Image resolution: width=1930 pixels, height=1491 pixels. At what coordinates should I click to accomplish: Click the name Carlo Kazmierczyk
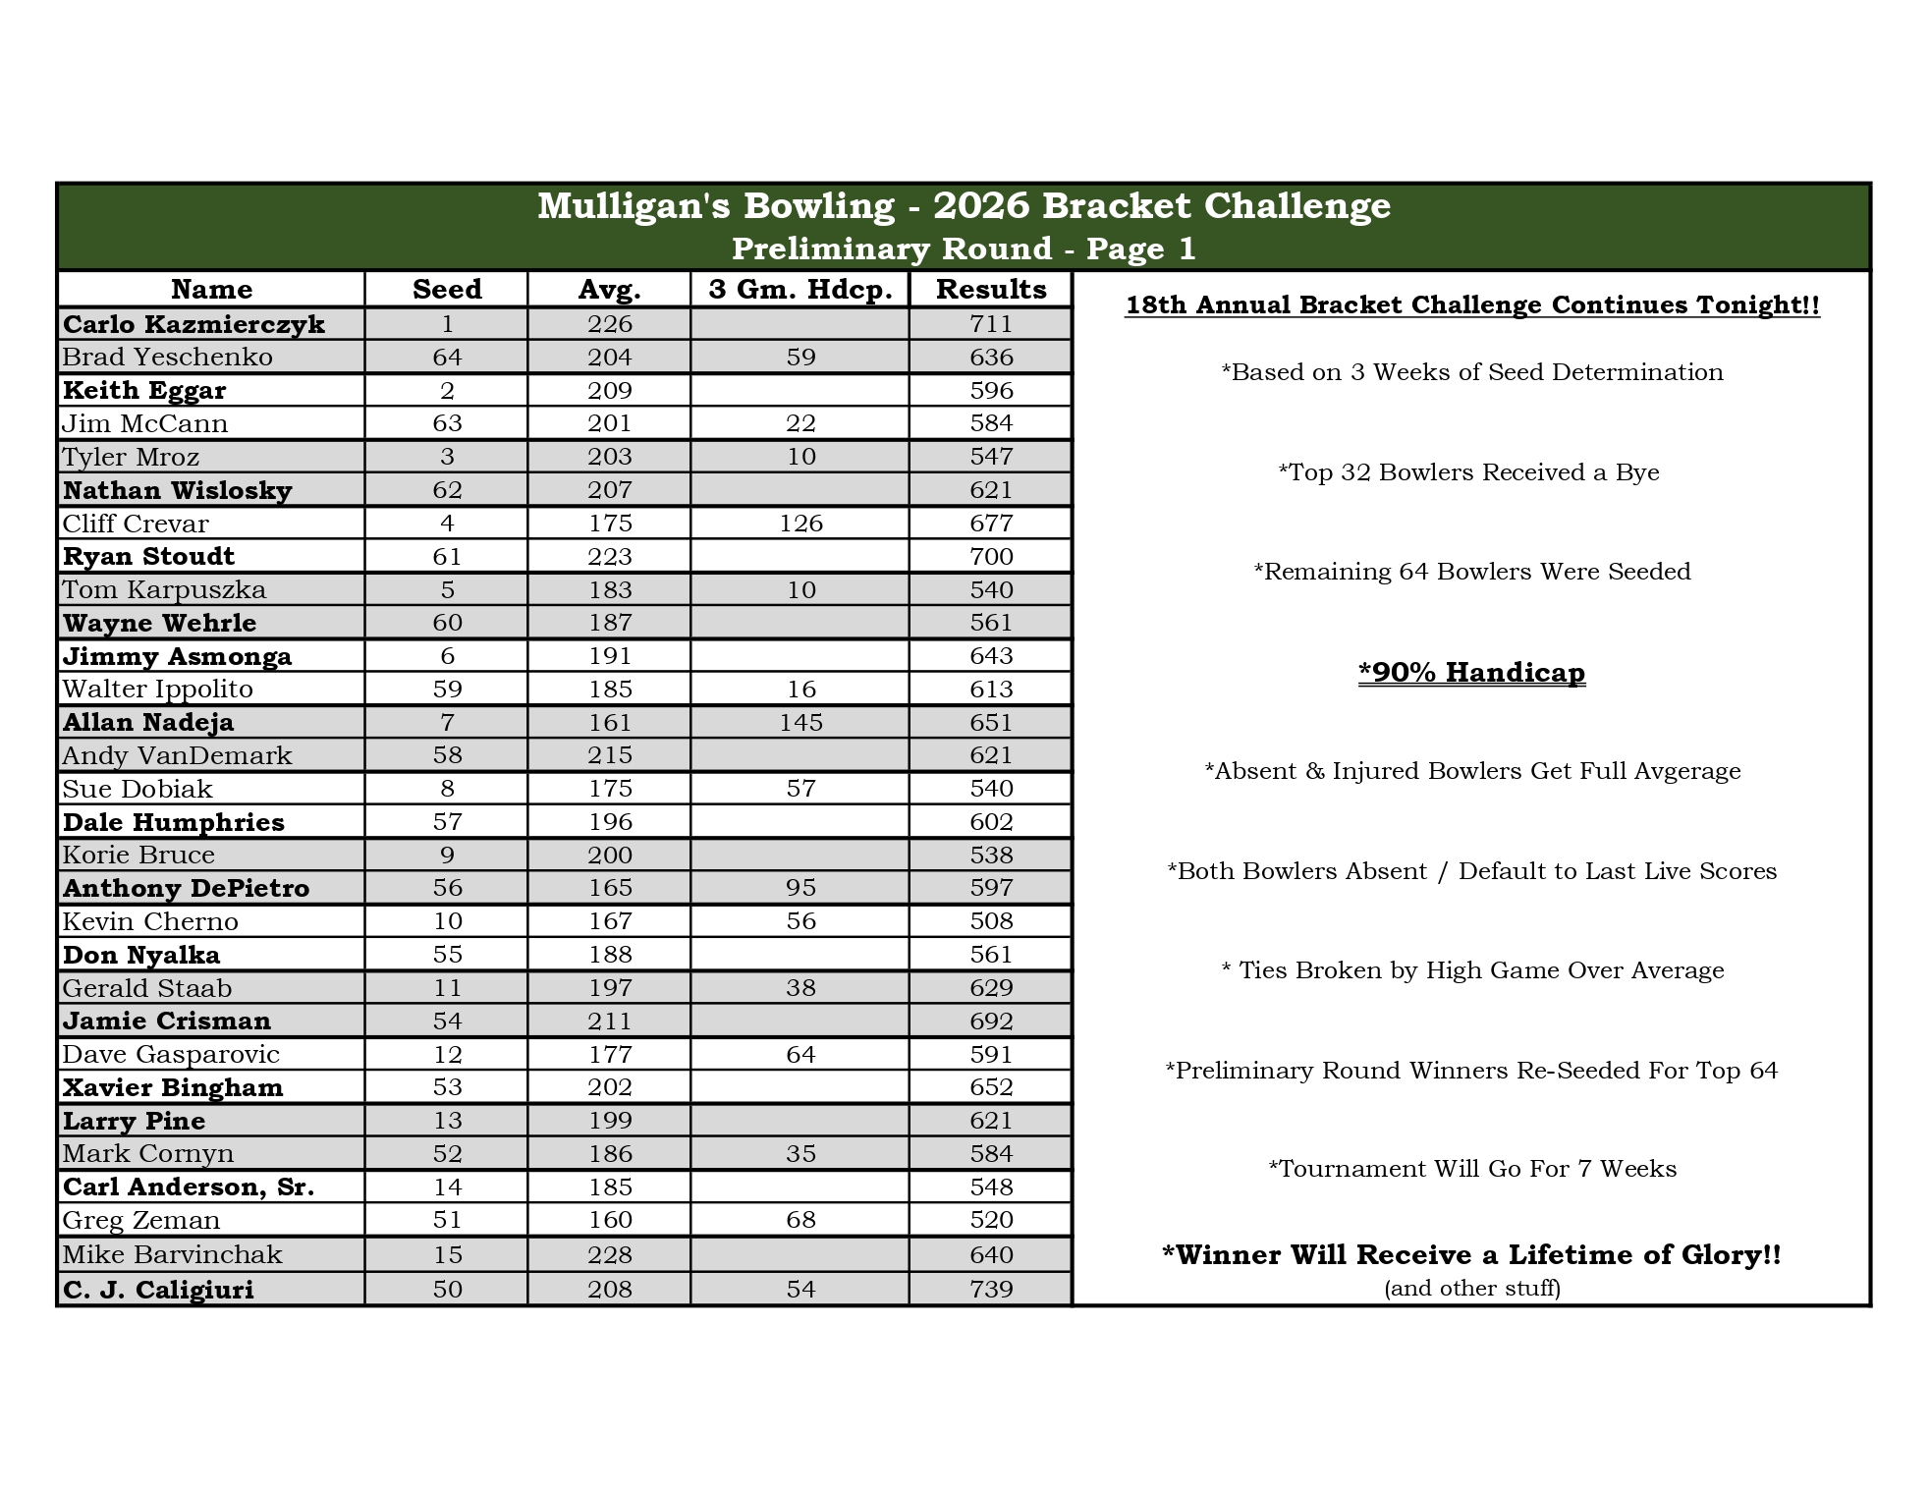coord(193,324)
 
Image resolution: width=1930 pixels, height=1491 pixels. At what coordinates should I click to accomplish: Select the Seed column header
coord(447,289)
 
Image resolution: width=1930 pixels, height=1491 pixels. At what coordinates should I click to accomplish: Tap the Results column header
coord(990,289)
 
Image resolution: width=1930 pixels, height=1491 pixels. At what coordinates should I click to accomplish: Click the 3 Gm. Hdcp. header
coord(800,289)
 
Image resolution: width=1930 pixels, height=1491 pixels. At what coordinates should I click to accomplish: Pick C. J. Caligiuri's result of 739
coord(990,1289)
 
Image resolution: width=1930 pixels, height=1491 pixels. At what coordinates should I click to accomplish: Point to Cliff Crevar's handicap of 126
coord(800,524)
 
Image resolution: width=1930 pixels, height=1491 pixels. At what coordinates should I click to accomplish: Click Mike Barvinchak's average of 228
coord(610,1254)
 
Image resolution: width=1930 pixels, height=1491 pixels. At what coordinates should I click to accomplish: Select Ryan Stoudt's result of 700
coord(990,557)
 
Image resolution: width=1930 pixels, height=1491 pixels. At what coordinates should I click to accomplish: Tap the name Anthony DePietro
coord(186,888)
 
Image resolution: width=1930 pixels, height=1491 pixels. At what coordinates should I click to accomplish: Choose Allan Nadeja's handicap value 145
coord(800,723)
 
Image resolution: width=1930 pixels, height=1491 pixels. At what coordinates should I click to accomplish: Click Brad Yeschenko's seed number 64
coord(447,358)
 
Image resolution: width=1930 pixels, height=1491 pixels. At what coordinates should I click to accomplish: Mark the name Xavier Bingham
coord(173,1087)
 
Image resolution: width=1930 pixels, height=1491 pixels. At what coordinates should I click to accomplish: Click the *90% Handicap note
coord(1471,673)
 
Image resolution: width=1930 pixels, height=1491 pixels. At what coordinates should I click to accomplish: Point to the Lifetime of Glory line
coord(1471,1254)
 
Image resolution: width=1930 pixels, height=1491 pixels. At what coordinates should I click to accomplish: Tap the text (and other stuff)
coord(1471,1288)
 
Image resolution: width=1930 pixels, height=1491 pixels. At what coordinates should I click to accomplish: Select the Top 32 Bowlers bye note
coord(1468,472)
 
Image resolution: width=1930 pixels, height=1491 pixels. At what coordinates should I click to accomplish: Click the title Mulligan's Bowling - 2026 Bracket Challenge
coord(964,206)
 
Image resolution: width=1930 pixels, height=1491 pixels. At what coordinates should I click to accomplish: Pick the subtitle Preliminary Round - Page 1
coord(964,248)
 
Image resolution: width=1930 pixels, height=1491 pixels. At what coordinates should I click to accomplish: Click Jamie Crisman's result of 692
coord(990,1022)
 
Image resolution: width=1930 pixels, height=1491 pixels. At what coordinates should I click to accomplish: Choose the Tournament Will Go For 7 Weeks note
coord(1471,1169)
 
